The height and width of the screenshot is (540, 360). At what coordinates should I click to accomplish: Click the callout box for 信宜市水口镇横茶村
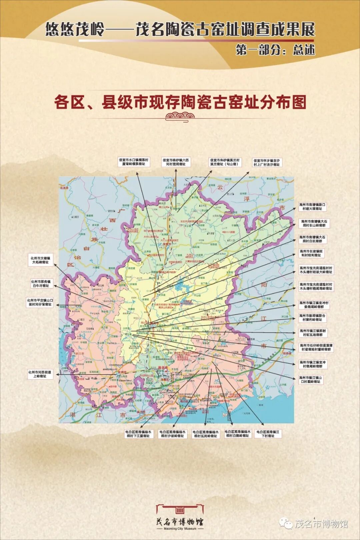click(x=134, y=162)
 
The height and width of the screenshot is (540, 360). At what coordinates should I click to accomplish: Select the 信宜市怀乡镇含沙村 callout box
click(x=266, y=162)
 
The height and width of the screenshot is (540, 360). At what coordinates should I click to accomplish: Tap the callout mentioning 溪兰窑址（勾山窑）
click(x=224, y=162)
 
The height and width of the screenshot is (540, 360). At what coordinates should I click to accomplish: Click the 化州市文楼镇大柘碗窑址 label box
click(x=40, y=260)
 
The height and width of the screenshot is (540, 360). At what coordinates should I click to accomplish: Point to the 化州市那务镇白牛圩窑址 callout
click(x=40, y=284)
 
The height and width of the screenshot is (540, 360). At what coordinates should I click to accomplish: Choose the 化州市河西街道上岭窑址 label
click(x=40, y=374)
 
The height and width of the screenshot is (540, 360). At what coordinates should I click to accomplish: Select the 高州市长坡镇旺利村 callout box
click(x=311, y=253)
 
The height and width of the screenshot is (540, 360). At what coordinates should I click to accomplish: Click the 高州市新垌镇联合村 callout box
click(x=312, y=318)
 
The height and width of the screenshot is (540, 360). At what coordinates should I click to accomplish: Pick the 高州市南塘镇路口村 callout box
click(x=312, y=207)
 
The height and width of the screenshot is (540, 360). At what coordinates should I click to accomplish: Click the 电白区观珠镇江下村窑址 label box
click(x=268, y=434)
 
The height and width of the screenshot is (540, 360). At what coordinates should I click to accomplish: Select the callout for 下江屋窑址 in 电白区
click(x=138, y=434)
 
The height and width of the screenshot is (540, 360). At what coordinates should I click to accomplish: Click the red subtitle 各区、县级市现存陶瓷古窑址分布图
click(x=180, y=102)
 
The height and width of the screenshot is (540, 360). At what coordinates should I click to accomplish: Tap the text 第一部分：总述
click(x=275, y=50)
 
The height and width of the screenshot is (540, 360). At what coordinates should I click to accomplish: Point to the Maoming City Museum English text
click(x=180, y=529)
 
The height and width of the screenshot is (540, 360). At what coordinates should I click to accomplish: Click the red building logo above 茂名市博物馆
click(x=180, y=509)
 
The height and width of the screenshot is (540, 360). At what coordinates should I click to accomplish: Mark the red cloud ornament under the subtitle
click(x=180, y=116)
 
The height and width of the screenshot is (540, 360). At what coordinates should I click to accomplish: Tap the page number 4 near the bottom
click(x=314, y=508)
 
